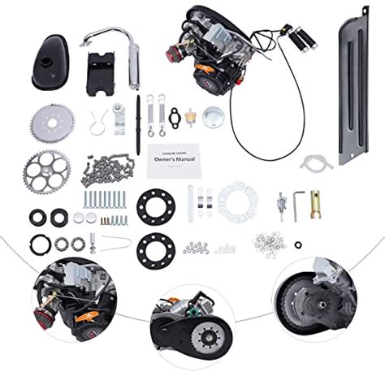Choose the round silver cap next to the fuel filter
click(x=214, y=115)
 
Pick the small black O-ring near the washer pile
click(x=302, y=244)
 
